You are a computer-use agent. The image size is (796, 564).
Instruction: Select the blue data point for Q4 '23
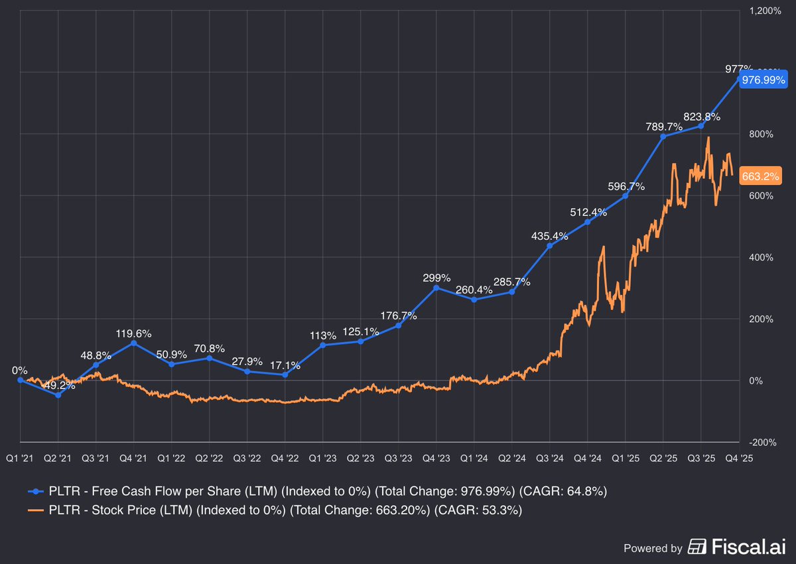[436, 288]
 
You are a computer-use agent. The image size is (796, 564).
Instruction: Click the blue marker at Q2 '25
[663, 137]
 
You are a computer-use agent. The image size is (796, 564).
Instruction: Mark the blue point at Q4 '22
[285, 375]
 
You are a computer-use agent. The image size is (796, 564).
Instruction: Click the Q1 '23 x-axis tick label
[323, 457]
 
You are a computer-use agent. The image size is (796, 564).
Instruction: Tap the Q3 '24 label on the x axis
[550, 457]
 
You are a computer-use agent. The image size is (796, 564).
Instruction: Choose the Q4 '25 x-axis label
[739, 457]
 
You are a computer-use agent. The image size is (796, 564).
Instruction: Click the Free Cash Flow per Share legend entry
[318, 492]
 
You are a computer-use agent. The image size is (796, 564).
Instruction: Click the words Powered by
[653, 548]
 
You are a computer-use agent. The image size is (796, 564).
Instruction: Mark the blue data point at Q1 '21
[20, 380]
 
